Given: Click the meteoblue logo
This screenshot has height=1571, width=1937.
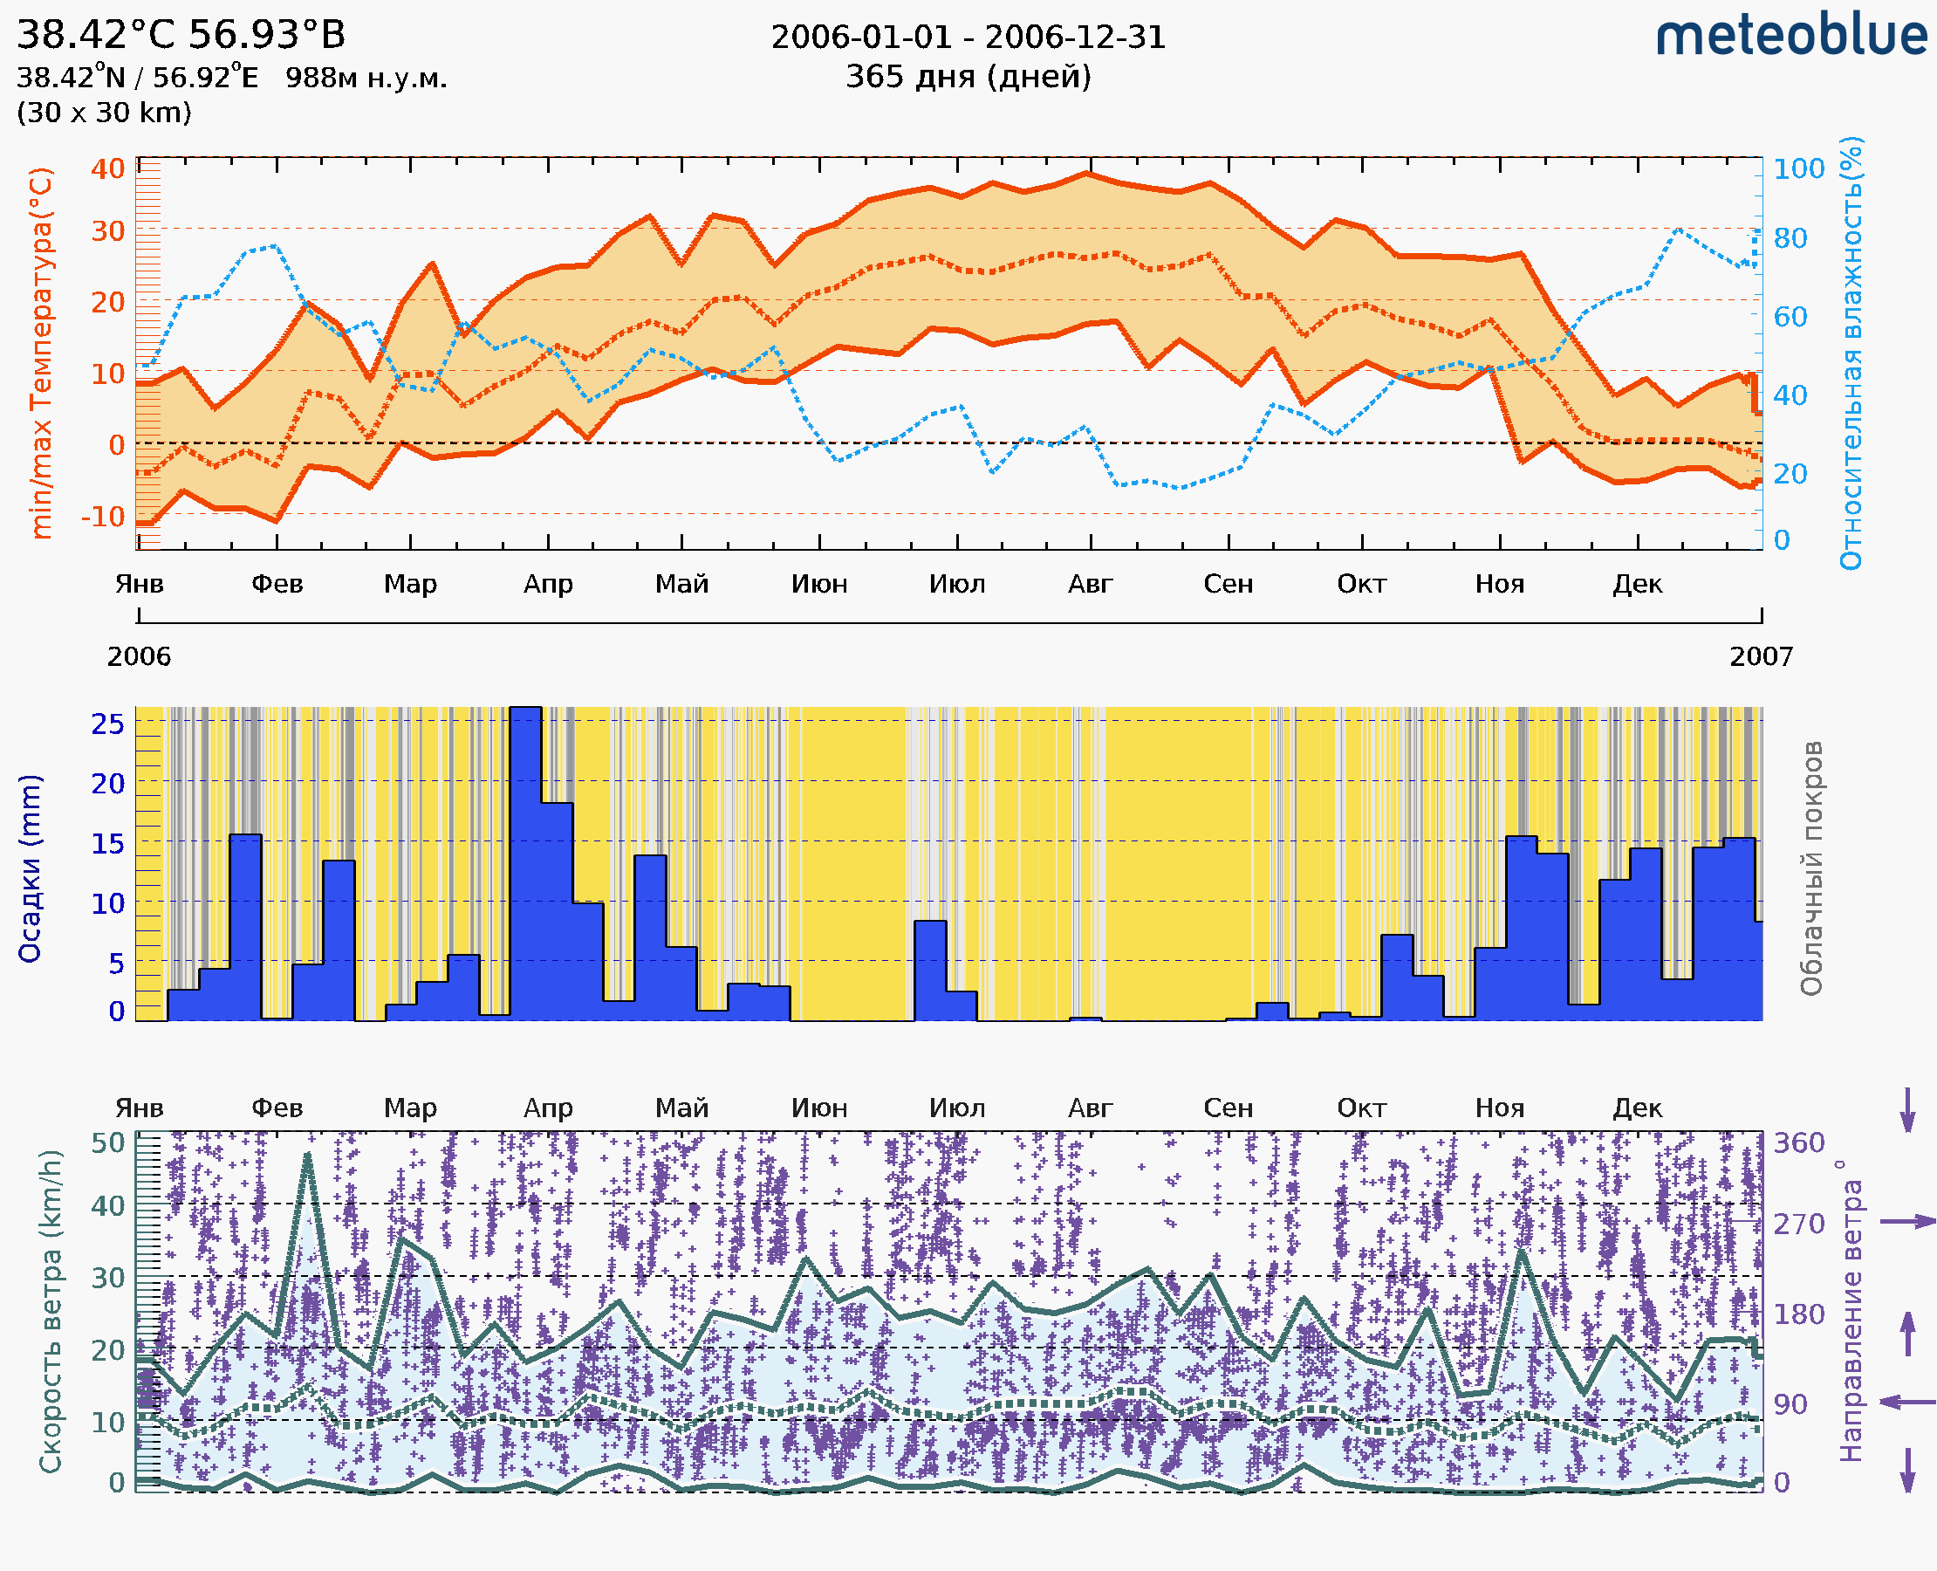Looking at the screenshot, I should coord(1791,36).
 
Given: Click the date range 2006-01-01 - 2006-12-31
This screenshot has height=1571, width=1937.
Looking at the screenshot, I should coord(968,38).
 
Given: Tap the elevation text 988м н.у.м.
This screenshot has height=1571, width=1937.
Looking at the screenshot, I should coord(366,78).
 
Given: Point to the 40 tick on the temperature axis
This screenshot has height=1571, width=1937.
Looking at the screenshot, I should coord(107,168).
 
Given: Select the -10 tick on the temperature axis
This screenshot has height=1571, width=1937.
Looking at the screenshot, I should coord(102,517).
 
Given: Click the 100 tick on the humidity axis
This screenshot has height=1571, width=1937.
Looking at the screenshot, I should coord(1798,168).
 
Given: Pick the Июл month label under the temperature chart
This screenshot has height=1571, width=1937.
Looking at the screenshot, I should coord(957,584).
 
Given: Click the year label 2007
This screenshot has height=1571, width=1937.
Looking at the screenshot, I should coord(1761,656).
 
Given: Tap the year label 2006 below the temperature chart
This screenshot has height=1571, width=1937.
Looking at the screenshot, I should coord(139,656).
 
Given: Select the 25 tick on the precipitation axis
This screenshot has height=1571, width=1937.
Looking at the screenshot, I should coord(107,723).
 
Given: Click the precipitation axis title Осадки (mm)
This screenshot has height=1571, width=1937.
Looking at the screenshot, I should coord(30,868).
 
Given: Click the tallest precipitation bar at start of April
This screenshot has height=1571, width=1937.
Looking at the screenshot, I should coord(525,860).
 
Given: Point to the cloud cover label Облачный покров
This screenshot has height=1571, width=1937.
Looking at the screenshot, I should coord(1811,868).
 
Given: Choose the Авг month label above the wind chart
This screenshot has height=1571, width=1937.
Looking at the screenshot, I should coord(1090,1108).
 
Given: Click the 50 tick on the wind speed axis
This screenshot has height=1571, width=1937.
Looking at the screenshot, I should coord(107,1142).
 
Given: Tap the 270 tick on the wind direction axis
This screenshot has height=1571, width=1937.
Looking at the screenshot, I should coord(1798,1224).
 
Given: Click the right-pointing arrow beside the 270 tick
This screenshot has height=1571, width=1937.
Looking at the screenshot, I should coord(1907,1222).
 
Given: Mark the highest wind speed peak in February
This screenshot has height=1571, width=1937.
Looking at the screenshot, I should coord(308,1156).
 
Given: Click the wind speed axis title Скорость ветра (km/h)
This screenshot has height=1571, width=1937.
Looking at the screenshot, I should coord(51,1312).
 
